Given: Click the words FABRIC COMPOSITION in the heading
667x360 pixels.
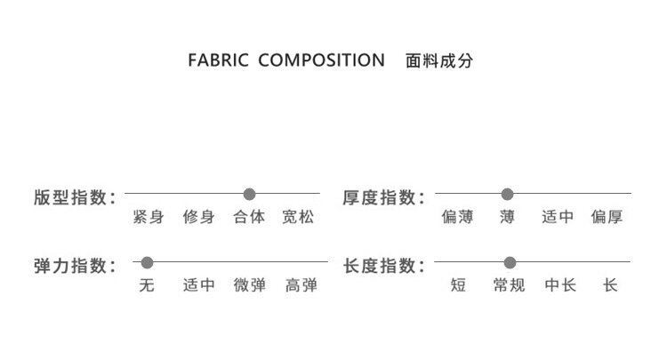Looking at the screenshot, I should pos(286,61).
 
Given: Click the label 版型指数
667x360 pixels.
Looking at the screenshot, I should pos(74,197).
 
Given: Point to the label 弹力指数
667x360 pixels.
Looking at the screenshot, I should pos(74,266).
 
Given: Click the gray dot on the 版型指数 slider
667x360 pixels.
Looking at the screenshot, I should pos(249,194).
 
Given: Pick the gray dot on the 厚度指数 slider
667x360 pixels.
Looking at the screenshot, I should pos(508,194).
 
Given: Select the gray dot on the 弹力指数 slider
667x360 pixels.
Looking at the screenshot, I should pos(148,262).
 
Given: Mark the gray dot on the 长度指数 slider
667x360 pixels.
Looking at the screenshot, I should pos(510,262).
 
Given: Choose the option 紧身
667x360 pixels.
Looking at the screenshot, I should pos(148,217).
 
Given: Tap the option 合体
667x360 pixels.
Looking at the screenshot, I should pos(249,217).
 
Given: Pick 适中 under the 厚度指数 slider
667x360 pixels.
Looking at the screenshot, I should pos(558,217).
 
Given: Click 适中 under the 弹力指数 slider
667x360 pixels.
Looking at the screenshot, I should pos(198,285).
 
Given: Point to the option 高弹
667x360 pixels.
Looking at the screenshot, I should pos(301,285).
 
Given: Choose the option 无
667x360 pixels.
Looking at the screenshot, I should pos(148,285).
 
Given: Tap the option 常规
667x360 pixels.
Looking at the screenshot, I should pos(509,285).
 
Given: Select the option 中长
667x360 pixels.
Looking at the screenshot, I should pos(560,285).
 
